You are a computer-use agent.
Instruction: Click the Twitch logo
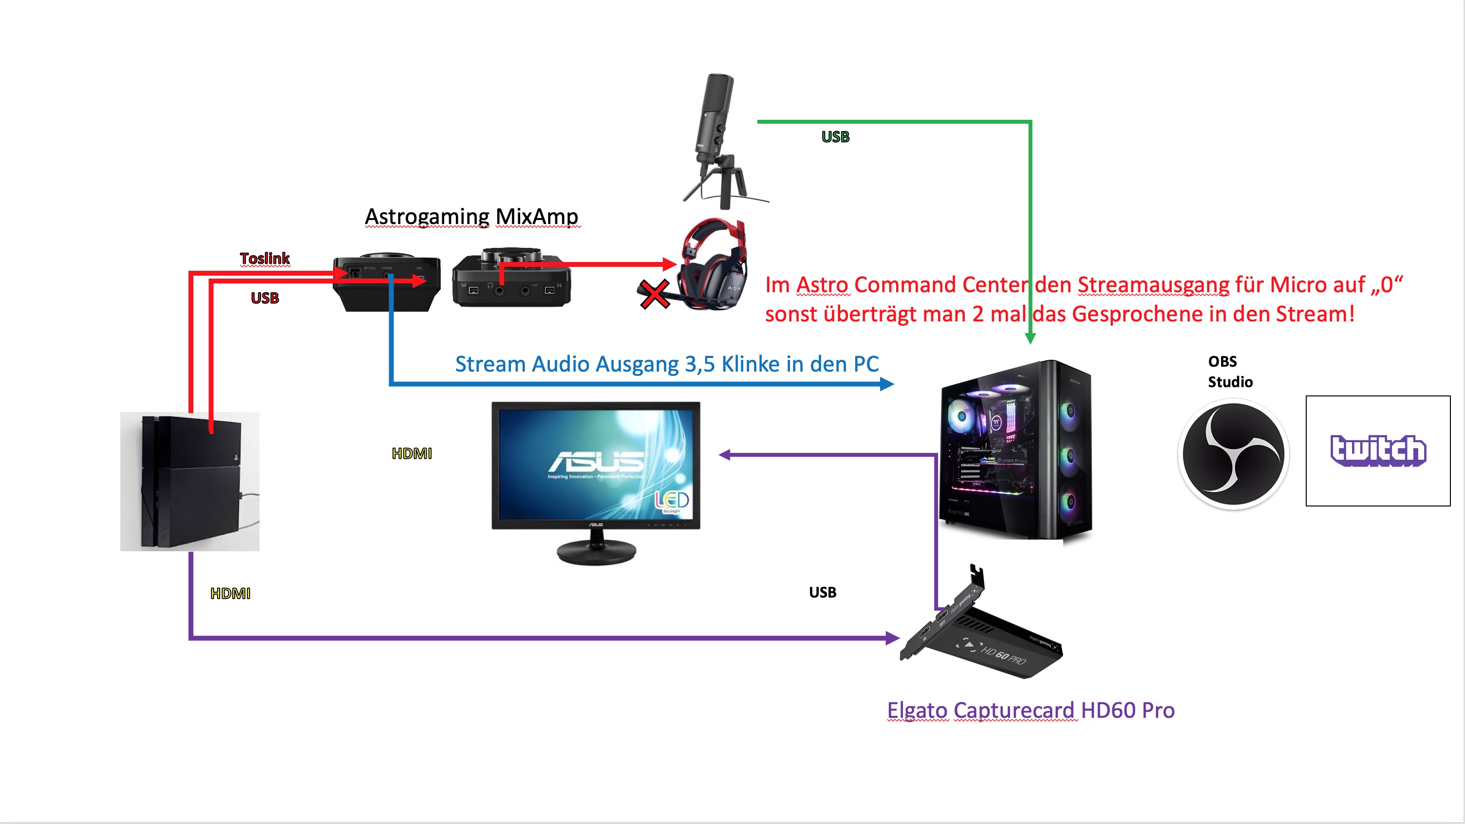click(x=1377, y=450)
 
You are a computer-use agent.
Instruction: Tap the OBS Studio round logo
click(x=1233, y=454)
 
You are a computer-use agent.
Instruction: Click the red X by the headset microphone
click(x=655, y=295)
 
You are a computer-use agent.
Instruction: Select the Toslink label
click(x=264, y=258)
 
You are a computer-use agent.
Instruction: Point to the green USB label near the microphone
click(x=835, y=136)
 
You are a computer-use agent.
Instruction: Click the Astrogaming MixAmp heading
click(x=471, y=217)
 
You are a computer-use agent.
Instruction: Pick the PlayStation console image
click(x=189, y=481)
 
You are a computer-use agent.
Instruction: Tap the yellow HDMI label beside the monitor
click(x=412, y=453)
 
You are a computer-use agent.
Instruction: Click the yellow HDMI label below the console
click(x=230, y=593)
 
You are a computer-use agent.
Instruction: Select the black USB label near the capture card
click(x=822, y=592)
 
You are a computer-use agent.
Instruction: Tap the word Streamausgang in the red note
click(x=1153, y=285)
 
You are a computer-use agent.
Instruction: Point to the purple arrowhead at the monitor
click(x=725, y=454)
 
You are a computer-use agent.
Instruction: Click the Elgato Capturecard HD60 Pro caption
click(x=1031, y=710)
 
